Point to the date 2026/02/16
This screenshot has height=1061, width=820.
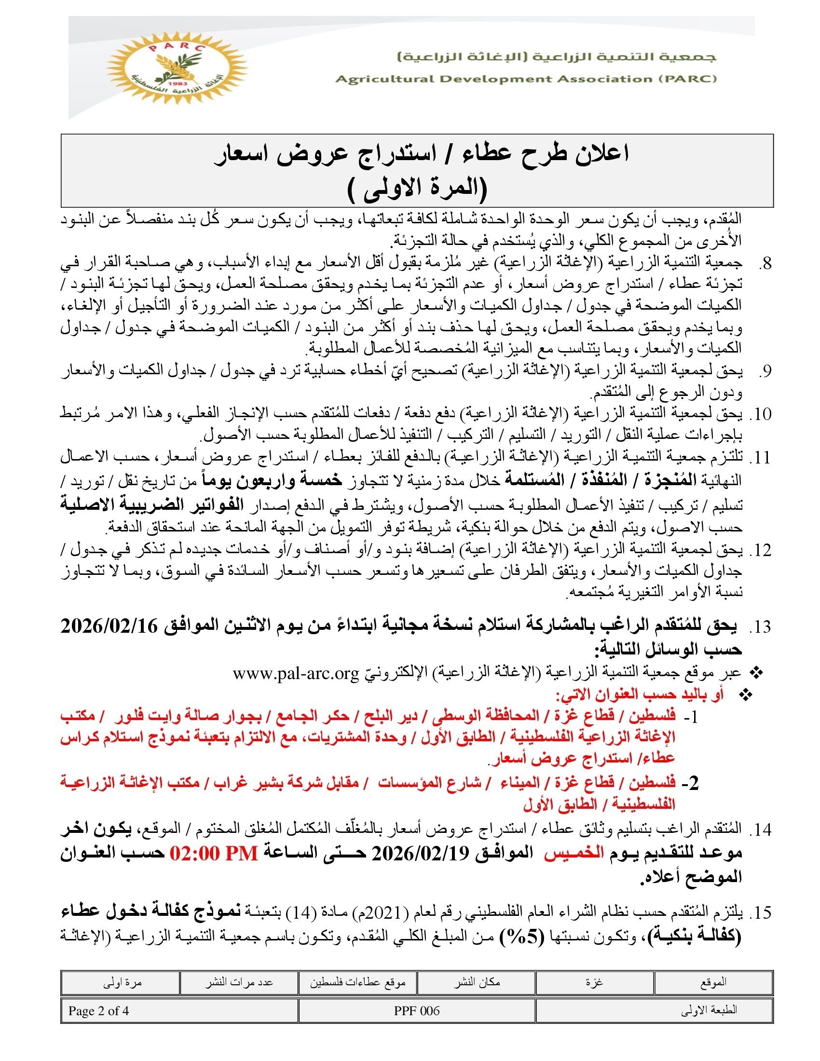pyautogui.click(x=109, y=626)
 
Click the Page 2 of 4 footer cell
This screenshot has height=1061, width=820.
pyautogui.click(x=98, y=1011)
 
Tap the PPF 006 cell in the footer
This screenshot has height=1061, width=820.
pyautogui.click(x=417, y=1011)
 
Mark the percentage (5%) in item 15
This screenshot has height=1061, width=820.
pyautogui.click(x=521, y=937)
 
